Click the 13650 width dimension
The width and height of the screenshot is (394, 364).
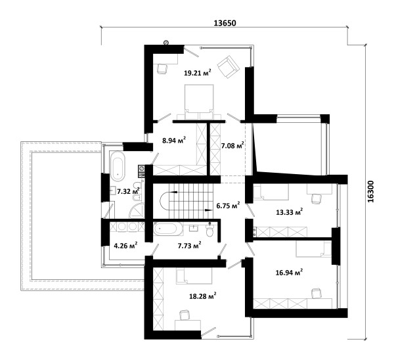click(x=225, y=23)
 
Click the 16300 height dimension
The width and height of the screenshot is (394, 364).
click(x=370, y=191)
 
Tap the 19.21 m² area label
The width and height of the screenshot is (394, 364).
click(x=197, y=73)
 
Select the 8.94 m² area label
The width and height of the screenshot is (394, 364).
click(x=174, y=140)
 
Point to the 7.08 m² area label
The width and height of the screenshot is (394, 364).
click(x=232, y=145)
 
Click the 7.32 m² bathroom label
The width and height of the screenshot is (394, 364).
click(x=128, y=191)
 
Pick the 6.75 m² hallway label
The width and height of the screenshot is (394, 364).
click(x=228, y=206)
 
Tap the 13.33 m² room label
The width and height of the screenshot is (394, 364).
click(x=289, y=212)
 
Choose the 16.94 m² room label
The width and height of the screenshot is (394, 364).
click(x=289, y=272)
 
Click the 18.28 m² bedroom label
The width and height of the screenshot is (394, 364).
click(x=203, y=296)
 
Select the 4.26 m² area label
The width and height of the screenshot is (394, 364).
click(x=125, y=245)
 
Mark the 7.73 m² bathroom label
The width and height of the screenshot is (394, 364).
click(x=190, y=245)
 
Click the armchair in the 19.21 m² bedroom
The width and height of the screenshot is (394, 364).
click(x=228, y=66)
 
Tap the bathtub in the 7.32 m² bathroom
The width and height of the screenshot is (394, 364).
click(x=118, y=166)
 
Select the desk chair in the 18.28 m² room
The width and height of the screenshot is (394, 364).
click(x=184, y=315)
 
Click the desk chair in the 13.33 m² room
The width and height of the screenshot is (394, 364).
click(x=317, y=198)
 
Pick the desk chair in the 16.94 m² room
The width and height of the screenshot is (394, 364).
click(x=316, y=293)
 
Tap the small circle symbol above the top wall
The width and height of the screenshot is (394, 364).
click(x=165, y=43)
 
